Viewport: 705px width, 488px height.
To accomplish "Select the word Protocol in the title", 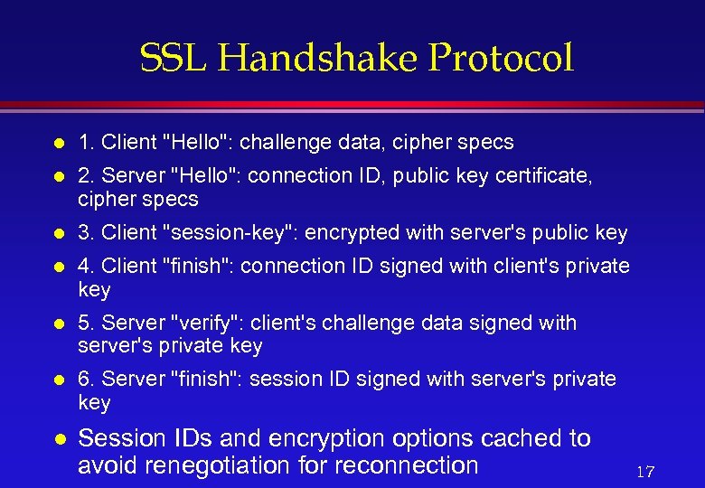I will pyautogui.click(x=501, y=59).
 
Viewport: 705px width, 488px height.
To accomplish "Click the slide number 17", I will pyautogui.click(x=645, y=472).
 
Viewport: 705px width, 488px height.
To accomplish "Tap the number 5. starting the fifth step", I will pyautogui.click(x=87, y=323).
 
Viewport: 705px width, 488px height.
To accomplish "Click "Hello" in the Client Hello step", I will pyautogui.click(x=195, y=142).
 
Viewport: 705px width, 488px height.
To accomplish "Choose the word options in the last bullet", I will pyautogui.click(x=429, y=438).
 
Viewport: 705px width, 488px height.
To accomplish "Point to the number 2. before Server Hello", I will pyautogui.click(x=87, y=175).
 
